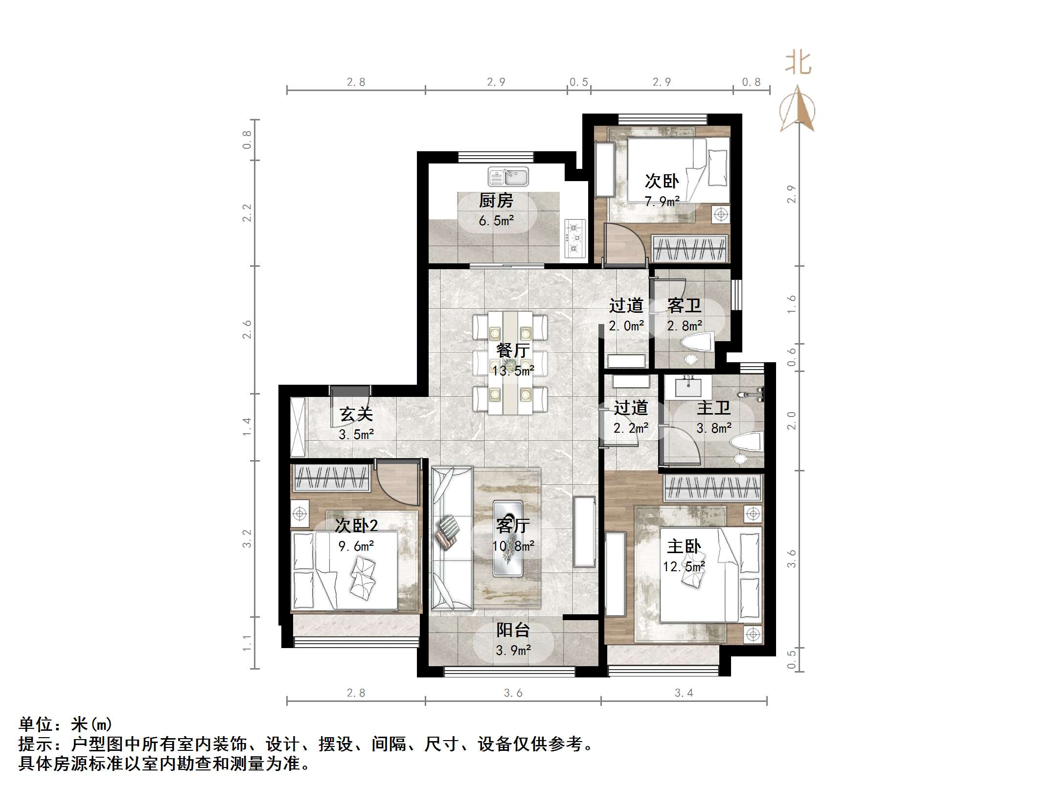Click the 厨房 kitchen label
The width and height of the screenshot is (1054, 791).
click(496, 200)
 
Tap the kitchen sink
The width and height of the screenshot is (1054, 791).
click(508, 177)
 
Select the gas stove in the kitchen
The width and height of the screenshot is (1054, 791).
click(575, 238)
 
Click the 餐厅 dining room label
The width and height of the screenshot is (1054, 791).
click(513, 350)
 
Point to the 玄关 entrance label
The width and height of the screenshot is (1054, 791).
click(356, 414)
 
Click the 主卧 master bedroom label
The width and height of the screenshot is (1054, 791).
click(684, 546)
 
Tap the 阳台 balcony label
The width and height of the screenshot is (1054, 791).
click(513, 630)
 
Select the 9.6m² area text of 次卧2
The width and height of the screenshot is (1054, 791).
click(356, 546)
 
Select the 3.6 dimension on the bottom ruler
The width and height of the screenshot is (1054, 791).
click(513, 693)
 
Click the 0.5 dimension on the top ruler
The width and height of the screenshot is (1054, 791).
click(579, 82)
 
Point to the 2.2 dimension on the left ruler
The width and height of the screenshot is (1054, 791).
click(247, 213)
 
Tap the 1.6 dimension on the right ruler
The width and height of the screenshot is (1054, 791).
click(792, 304)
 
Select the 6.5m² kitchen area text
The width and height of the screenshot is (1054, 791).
click(496, 221)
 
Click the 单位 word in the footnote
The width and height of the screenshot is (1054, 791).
click(36, 724)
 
